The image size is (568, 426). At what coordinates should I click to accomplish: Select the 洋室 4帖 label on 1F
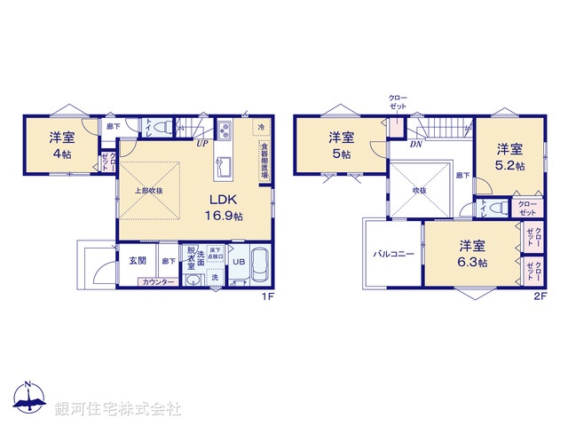click(x=60, y=145)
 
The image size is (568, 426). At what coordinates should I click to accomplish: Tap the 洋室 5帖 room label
click(x=342, y=145)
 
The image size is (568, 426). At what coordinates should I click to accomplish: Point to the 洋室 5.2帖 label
click(x=509, y=156)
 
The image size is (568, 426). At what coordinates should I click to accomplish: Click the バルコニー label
click(x=392, y=254)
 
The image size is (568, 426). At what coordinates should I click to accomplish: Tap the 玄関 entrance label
click(x=138, y=260)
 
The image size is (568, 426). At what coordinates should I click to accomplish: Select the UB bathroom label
click(x=238, y=262)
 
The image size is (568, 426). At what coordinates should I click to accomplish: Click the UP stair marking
click(x=202, y=143)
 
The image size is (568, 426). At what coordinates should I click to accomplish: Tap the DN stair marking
click(x=416, y=143)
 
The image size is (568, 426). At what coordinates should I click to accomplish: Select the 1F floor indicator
click(x=266, y=297)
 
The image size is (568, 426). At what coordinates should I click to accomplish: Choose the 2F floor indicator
click(x=539, y=297)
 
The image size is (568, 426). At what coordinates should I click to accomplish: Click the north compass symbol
click(x=29, y=399)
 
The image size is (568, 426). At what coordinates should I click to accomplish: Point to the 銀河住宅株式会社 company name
click(x=118, y=408)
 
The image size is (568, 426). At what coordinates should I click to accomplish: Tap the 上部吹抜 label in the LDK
click(x=148, y=191)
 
